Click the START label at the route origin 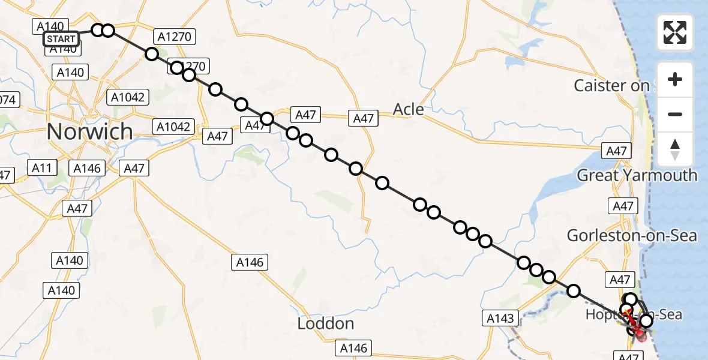61,40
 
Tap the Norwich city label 89,131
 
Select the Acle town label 408,109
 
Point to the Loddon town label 326,324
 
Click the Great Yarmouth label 637,175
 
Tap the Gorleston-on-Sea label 632,236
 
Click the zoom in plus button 675,79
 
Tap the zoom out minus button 675,114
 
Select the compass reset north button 675,149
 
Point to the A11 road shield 42,168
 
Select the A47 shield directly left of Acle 364,119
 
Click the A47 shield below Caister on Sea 616,151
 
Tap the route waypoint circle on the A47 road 267,119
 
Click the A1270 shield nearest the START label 174,37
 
